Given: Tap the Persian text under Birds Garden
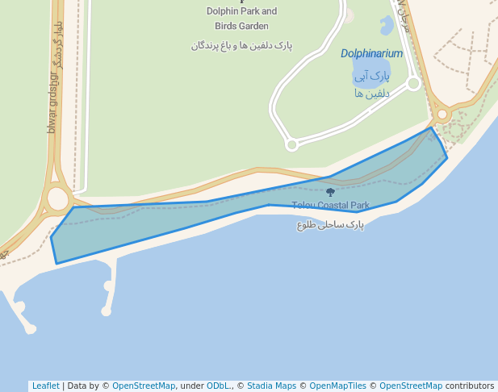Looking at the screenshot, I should [x=241, y=46].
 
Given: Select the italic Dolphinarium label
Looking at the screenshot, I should [x=371, y=54].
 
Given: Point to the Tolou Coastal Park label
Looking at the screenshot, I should [x=330, y=206].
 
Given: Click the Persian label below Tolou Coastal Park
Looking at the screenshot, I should [x=330, y=225].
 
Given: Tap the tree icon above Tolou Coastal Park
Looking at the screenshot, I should [x=330, y=192].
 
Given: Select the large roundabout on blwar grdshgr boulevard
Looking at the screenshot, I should [x=58, y=198].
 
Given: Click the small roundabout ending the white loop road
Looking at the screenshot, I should [x=292, y=144].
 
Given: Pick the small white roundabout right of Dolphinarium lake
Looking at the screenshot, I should [x=413, y=82].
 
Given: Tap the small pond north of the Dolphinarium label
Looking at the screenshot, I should [x=386, y=26].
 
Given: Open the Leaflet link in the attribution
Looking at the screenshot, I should [x=45, y=386].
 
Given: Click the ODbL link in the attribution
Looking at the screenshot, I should [x=219, y=386].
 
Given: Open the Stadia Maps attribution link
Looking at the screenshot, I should [x=271, y=386].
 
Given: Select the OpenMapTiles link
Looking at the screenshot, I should [x=337, y=386].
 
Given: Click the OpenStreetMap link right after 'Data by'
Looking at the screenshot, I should [x=144, y=386].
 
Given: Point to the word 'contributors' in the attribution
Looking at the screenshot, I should [x=470, y=386].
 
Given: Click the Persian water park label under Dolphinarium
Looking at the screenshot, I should [x=371, y=84].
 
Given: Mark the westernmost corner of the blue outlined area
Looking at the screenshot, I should [x=51, y=237].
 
